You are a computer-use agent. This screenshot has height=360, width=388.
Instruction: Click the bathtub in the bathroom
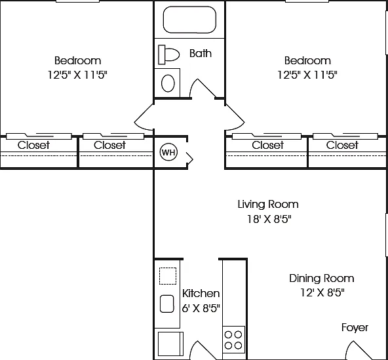click(189, 20)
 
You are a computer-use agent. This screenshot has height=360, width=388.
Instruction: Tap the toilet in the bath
click(168, 54)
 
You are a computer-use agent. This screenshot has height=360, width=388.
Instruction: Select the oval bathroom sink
click(168, 83)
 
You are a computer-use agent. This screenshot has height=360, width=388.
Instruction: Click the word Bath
click(201, 54)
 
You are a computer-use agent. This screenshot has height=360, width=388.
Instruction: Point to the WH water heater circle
click(169, 152)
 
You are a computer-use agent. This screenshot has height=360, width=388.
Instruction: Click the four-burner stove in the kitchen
click(233, 340)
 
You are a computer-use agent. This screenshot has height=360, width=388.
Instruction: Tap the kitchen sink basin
click(167, 304)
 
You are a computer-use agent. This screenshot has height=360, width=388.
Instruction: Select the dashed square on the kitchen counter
click(168, 276)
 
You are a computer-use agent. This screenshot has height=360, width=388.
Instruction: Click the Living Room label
click(268, 205)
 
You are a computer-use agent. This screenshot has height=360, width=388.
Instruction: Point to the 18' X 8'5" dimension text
click(269, 219)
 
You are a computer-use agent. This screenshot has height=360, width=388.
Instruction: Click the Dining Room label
click(322, 279)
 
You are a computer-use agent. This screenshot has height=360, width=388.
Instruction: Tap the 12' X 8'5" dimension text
click(322, 293)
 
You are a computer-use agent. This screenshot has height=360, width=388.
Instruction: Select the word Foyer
click(355, 328)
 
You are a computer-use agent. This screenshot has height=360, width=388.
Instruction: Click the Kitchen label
click(201, 293)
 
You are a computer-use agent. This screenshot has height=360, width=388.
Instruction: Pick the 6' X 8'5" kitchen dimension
click(201, 308)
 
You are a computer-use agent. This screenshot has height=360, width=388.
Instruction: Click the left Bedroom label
click(78, 61)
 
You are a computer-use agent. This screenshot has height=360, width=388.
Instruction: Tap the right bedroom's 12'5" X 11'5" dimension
click(307, 75)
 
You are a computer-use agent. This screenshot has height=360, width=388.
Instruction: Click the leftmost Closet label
click(33, 145)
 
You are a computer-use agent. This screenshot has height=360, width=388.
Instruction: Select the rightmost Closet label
click(342, 145)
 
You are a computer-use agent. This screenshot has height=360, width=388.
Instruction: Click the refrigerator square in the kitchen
click(170, 344)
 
